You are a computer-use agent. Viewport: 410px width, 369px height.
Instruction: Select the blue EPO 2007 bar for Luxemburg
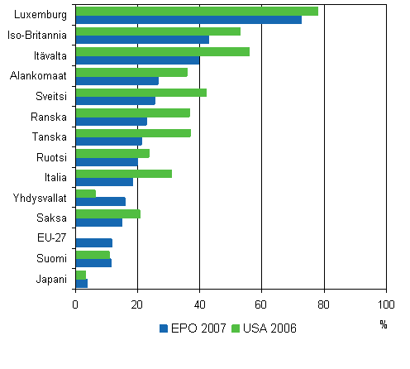tap(188, 20)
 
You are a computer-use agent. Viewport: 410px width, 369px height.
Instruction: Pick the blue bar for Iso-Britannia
tap(141, 40)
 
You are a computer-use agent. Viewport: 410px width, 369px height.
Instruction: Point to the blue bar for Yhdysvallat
tap(100, 202)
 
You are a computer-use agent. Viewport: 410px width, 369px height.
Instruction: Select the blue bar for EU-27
tap(93, 242)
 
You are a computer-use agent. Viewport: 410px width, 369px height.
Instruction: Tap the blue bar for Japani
tap(81, 283)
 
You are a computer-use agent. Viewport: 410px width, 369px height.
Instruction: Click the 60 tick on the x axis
tap(261, 304)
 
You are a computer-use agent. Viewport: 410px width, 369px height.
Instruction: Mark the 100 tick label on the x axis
tap(385, 304)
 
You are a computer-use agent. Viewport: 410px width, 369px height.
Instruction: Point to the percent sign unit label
tap(383, 324)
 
